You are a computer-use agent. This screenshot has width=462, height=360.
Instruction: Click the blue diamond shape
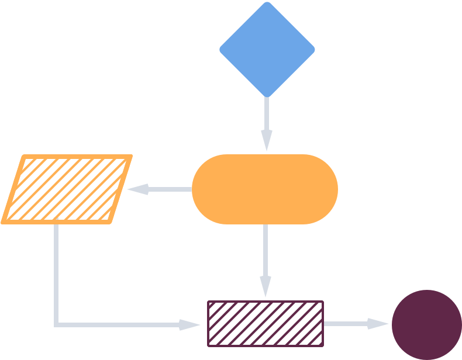coord(267,49)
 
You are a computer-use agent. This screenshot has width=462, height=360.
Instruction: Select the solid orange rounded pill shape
coord(265,189)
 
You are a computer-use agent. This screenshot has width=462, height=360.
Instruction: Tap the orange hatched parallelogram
coord(67,189)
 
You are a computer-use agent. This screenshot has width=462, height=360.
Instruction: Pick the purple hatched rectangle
coord(266,324)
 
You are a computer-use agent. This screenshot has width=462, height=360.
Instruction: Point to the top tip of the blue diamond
coord(267,2)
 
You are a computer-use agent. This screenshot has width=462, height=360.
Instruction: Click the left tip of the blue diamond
coord(220,49)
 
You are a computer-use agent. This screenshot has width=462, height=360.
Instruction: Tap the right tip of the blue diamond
coord(314,49)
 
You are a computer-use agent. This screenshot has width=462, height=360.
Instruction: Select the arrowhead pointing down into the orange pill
coord(267,142)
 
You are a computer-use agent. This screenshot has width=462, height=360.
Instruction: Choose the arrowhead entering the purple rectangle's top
coord(266,289)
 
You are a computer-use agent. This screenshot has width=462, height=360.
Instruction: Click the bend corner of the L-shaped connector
coord(56,324)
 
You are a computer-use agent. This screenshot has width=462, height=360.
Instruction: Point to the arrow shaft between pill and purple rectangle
coord(266,251)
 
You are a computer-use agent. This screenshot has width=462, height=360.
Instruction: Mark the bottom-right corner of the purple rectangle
coord(323,346)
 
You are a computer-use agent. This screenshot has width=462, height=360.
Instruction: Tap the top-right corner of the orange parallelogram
coord(131,156)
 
